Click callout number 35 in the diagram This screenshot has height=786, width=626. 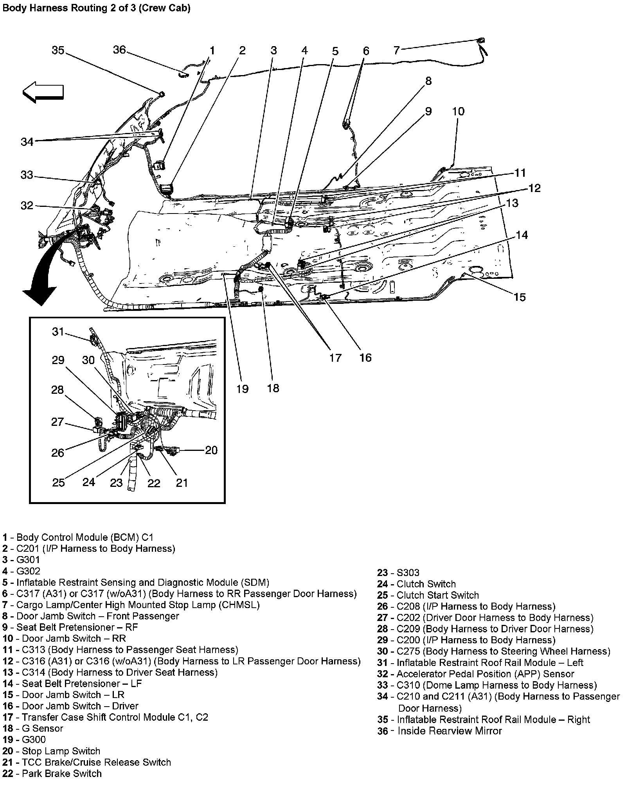point(58,50)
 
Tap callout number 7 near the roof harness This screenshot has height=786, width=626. point(396,50)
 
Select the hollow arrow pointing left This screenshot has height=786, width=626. point(43,92)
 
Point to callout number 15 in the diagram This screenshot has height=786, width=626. point(520,297)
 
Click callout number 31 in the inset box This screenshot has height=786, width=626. point(58,332)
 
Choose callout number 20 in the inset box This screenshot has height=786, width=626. point(211,450)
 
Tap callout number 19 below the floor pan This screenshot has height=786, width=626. point(242,389)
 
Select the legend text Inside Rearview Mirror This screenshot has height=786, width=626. point(449,731)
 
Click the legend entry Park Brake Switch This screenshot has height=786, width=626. point(61,773)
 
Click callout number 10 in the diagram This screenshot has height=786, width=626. point(458,111)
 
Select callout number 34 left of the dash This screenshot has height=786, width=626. point(27,142)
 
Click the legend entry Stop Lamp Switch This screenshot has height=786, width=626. point(61,751)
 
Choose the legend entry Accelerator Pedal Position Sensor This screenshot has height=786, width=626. point(485,674)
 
